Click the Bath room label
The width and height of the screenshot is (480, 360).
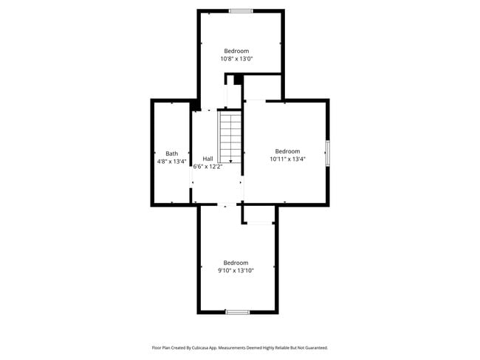(x=171, y=153)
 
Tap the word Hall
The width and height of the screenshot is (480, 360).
(x=208, y=159)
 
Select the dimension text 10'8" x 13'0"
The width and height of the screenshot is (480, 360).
(x=236, y=58)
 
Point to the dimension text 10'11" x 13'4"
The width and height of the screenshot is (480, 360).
(x=287, y=159)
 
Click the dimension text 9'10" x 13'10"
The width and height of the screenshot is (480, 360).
(x=236, y=271)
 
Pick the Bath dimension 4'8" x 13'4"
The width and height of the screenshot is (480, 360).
(x=171, y=162)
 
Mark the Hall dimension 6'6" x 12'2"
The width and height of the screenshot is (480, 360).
(x=208, y=167)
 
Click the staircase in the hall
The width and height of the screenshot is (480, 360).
(x=230, y=136)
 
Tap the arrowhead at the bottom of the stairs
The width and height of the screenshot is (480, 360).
(x=231, y=161)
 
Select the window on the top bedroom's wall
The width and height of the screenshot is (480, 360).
(x=240, y=10)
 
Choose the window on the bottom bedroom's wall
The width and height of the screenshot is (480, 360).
(x=237, y=312)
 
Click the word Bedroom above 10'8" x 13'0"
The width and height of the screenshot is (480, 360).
(x=236, y=50)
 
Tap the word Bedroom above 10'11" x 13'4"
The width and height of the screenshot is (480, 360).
(x=287, y=150)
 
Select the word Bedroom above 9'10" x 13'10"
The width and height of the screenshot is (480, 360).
(x=236, y=263)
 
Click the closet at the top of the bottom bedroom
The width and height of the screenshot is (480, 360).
(x=258, y=215)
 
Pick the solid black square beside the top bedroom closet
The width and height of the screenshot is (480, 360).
(x=239, y=79)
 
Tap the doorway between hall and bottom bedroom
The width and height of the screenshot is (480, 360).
(x=222, y=205)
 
